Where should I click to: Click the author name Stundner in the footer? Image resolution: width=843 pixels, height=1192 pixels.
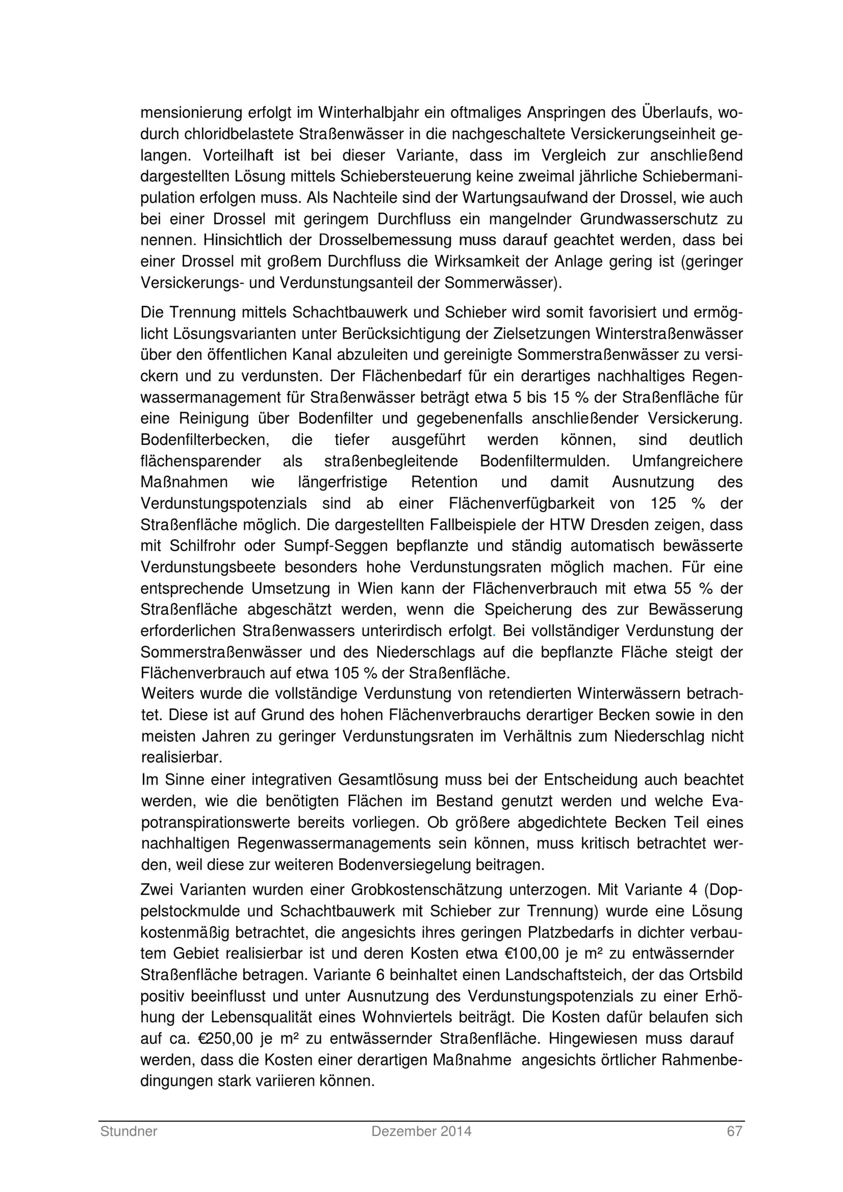(129, 1131)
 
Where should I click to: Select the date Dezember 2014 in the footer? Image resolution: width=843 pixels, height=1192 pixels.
(421, 1131)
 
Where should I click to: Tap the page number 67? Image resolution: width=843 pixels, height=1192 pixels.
(734, 1131)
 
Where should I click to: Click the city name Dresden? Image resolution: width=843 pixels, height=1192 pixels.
(623, 525)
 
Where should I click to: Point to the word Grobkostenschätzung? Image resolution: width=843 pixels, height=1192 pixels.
(427, 890)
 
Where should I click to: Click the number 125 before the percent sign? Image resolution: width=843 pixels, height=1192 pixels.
(664, 504)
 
